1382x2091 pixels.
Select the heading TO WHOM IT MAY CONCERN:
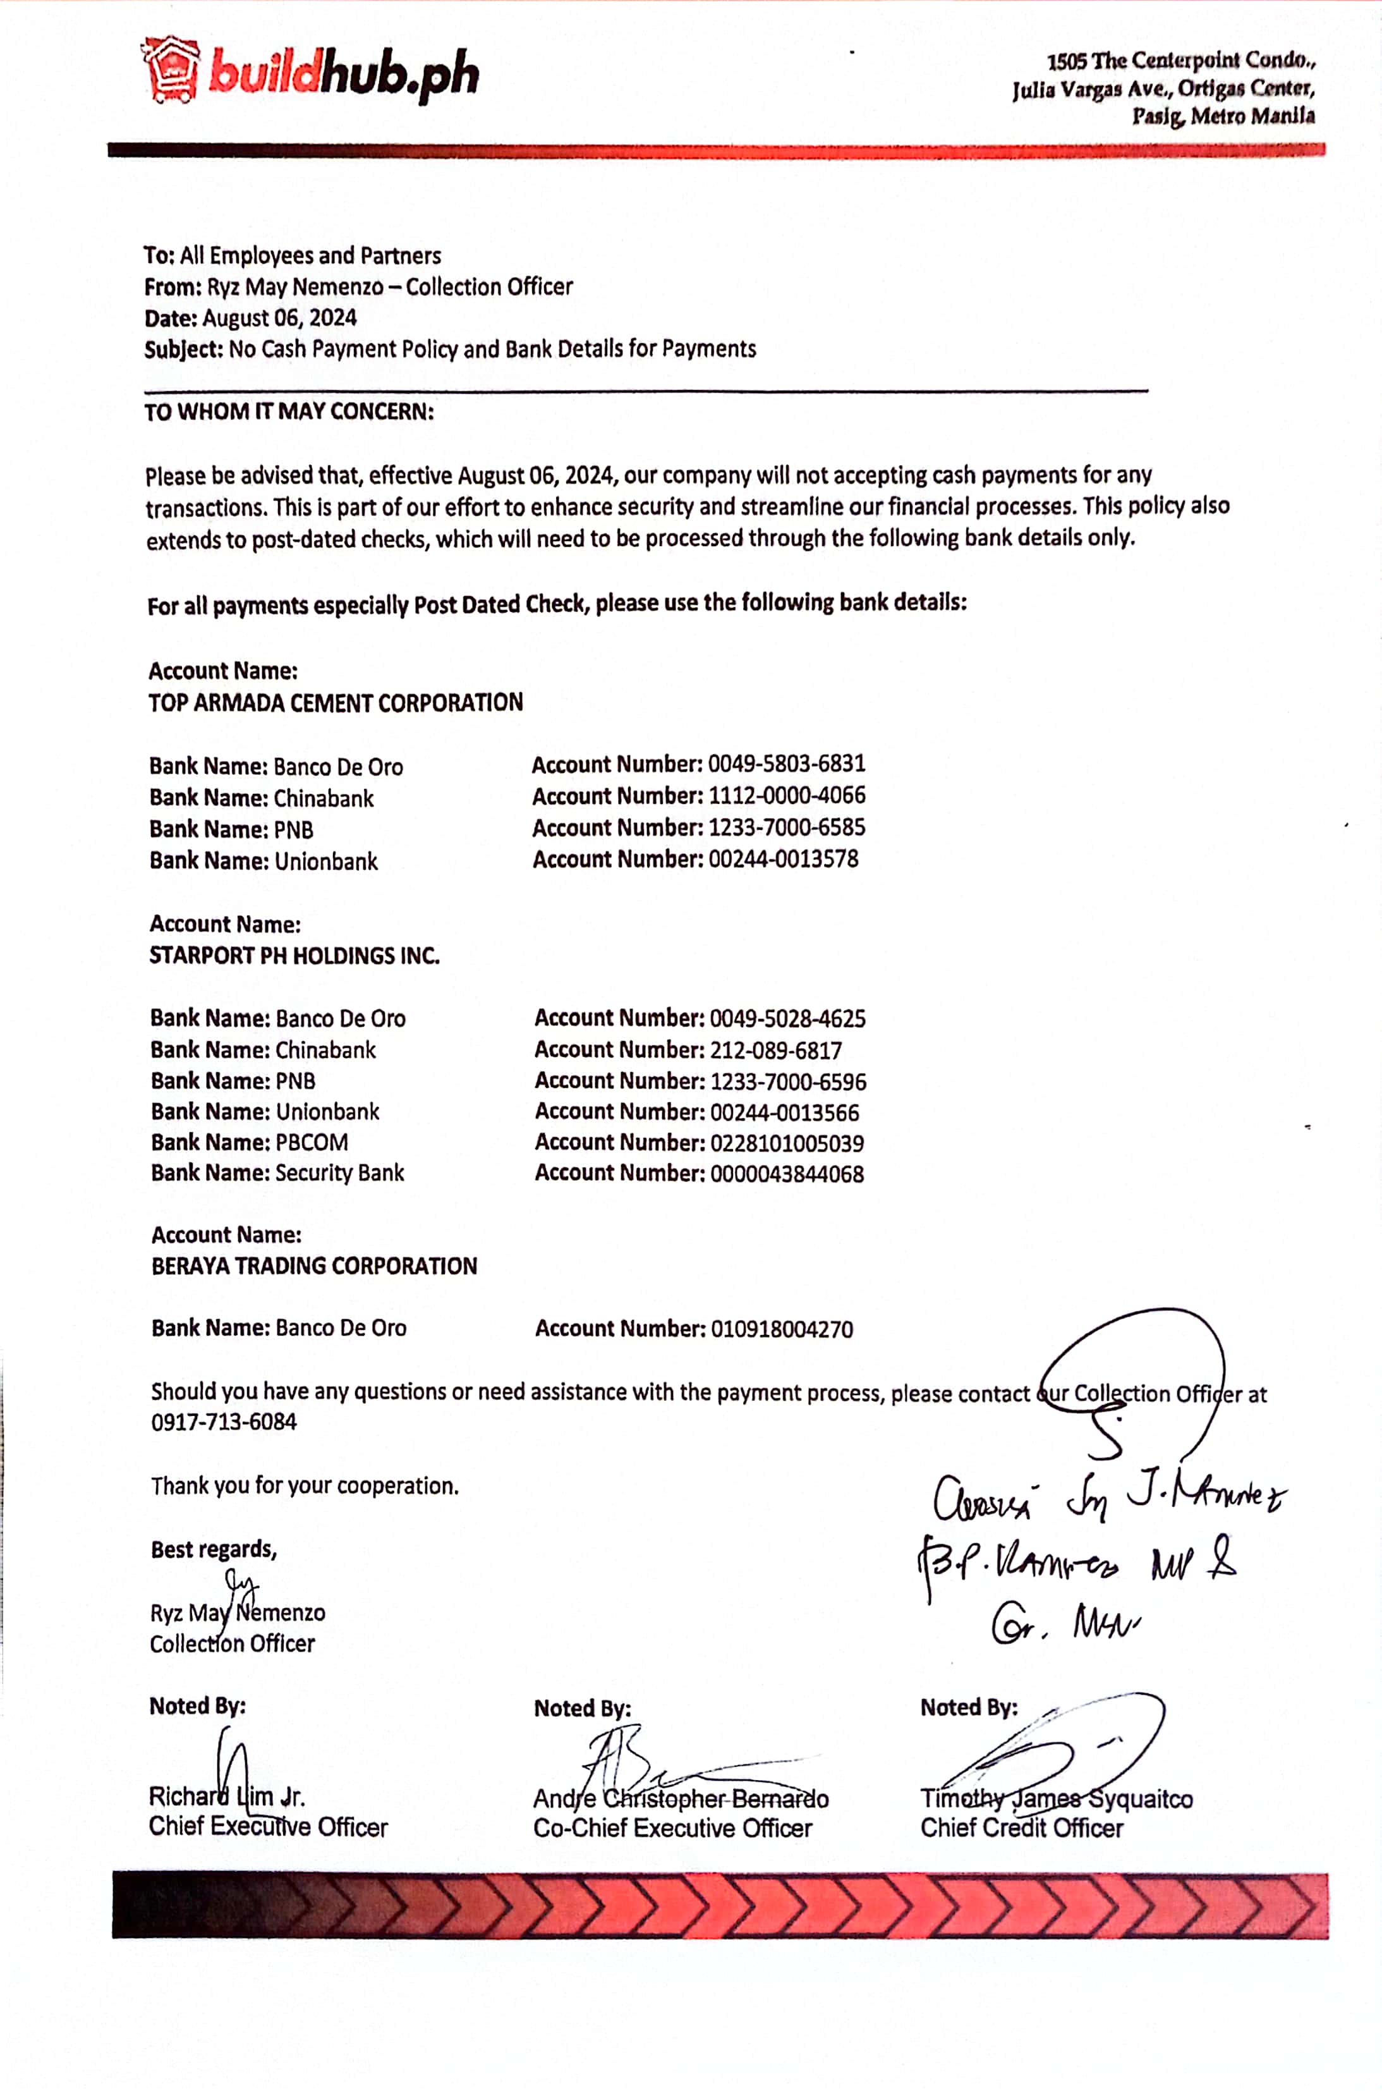point(289,411)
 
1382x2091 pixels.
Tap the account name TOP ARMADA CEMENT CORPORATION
point(336,702)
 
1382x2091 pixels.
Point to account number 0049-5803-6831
point(786,764)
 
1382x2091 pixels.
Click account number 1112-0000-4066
point(786,795)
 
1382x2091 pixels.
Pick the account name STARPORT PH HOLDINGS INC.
point(294,956)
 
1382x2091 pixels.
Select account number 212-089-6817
point(775,1050)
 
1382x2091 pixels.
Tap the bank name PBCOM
point(312,1142)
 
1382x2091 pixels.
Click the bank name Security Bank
point(339,1173)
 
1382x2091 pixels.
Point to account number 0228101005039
point(786,1143)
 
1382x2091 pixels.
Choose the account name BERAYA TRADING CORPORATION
point(314,1266)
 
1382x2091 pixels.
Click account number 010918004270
point(782,1329)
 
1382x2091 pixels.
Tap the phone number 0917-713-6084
point(224,1422)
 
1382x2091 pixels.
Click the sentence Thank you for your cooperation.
point(305,1486)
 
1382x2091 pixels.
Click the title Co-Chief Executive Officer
point(672,1828)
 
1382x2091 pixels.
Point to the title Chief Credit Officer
point(1022,1828)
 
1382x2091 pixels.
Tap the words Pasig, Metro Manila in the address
point(1223,116)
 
